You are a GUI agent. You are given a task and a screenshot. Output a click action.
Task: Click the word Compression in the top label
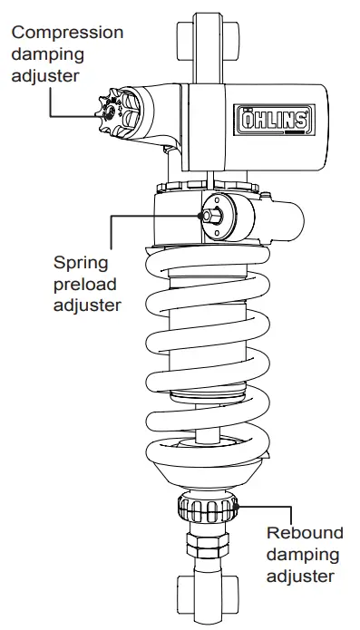point(67,32)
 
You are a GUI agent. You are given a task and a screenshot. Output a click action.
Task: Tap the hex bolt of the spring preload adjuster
point(210,216)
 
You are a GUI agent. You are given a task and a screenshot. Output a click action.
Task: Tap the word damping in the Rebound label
point(302,553)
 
